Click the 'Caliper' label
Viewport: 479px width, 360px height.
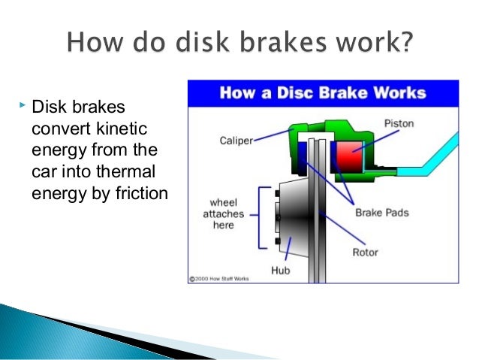coord(234,140)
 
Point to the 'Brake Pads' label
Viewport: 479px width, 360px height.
coord(382,213)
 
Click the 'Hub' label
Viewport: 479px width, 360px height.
coord(279,271)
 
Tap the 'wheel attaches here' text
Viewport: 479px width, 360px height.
coord(224,213)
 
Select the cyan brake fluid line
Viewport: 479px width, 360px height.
coord(420,167)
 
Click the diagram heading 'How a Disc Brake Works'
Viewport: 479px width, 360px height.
coord(322,94)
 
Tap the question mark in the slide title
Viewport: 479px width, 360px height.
coord(405,41)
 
